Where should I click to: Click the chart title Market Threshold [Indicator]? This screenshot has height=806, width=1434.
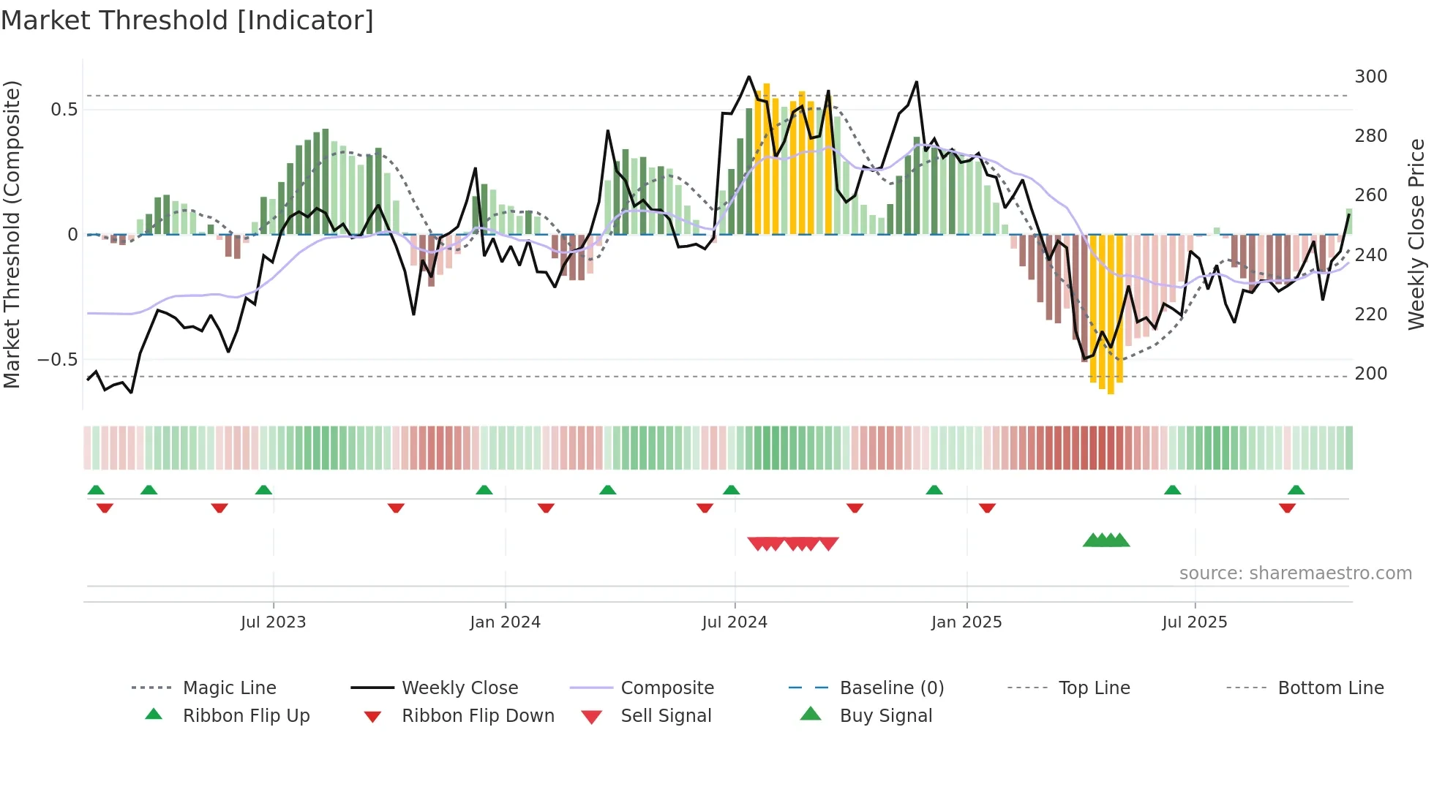coord(187,20)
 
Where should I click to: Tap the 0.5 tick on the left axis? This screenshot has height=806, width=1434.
coord(64,110)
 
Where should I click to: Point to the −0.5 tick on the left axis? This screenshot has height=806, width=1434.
coord(58,360)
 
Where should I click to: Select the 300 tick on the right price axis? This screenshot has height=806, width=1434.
coord(1370,77)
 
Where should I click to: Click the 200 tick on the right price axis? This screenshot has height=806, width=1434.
coord(1370,374)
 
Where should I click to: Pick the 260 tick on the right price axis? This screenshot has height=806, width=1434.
coord(1370,195)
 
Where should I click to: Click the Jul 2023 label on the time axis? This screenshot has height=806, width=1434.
coord(273,622)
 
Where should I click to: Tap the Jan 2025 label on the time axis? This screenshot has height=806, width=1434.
coord(966,622)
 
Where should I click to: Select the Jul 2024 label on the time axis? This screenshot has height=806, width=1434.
coord(734,622)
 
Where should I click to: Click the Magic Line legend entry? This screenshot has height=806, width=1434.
coord(229,688)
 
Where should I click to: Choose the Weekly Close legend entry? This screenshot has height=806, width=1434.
coord(459,688)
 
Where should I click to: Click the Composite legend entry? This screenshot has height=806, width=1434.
coord(667,688)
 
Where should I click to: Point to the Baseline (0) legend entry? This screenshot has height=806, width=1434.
coord(891,688)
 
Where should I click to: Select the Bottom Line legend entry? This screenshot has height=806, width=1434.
coord(1330,688)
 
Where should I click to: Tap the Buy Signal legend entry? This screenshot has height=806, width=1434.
coord(885,716)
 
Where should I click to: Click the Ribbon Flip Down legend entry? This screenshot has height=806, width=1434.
coord(477,716)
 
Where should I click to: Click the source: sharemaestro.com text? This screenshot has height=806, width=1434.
coord(1295,573)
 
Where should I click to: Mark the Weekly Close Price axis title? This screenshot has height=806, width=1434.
coord(1416,234)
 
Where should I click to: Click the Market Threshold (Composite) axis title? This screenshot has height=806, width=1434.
coord(12,234)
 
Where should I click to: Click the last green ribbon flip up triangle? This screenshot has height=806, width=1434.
coord(1296,490)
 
